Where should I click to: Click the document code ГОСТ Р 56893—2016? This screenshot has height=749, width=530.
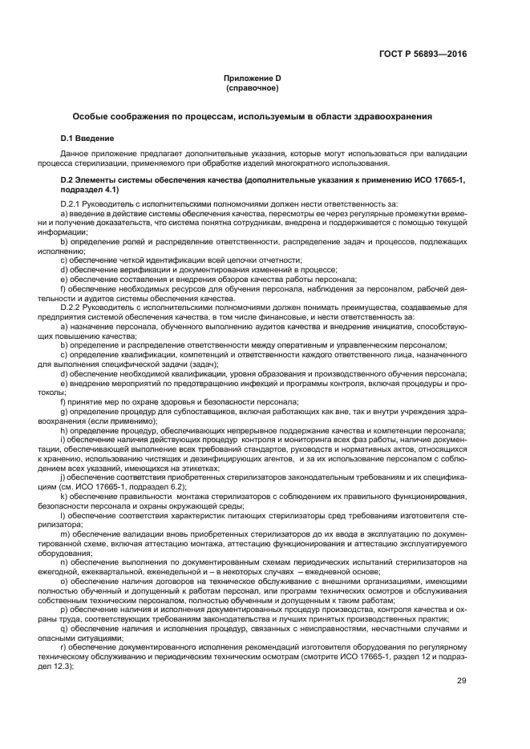pos(423,54)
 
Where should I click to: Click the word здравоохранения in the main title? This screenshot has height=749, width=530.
pos(391,116)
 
